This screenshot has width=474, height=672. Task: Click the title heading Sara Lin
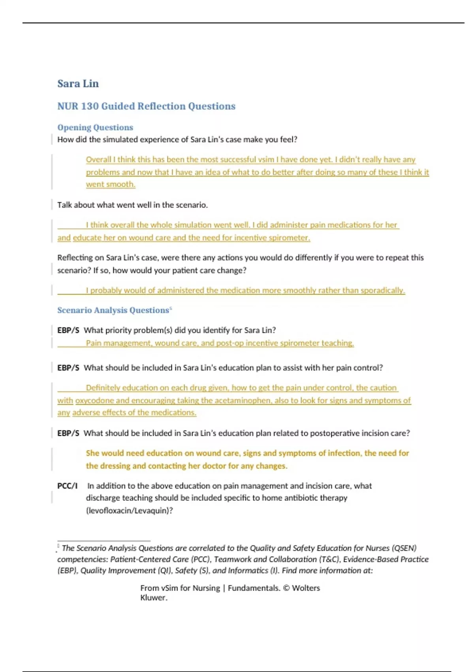78,84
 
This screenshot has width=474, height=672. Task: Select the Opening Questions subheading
95,128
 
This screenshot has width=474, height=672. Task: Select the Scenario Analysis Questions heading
113,310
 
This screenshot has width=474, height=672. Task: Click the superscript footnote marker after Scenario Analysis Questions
171,308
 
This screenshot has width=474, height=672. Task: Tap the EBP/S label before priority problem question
68,330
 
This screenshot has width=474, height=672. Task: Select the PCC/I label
67,486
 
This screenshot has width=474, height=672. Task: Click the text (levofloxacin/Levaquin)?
129,511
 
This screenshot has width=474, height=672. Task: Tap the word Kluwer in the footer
154,598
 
